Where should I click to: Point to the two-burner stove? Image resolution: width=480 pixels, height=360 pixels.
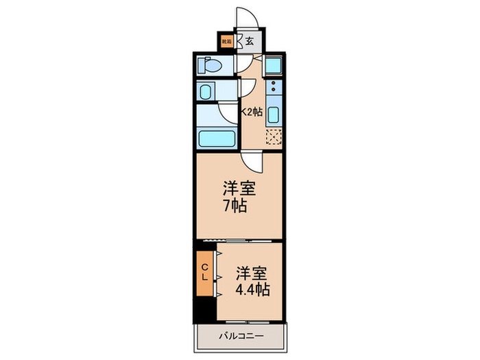coord(272,88)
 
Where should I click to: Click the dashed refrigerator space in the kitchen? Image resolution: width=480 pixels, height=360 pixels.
coord(273,138)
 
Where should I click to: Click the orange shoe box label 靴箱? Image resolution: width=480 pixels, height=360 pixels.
coord(226,41)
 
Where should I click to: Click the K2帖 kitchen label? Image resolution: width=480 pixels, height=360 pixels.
coord(250,112)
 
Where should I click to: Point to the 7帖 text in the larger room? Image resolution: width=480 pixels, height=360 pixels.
coord(234,205)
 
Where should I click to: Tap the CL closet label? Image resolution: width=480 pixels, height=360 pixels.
coord(204,273)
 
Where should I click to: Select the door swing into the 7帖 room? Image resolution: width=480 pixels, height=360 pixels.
coord(252,162)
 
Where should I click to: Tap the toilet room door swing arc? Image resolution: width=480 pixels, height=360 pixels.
coord(243,64)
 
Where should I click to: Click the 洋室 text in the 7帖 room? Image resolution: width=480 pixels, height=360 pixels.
coord(234,187)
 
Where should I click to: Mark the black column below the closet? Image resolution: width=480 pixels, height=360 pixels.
coord(204,309)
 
